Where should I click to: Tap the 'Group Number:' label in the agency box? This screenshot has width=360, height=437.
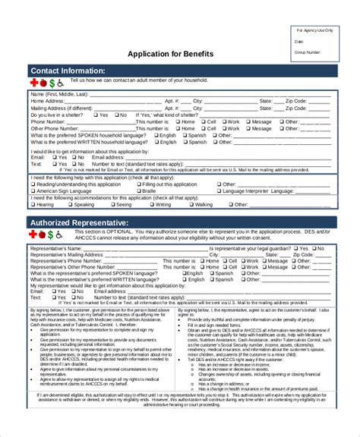[309, 53]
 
